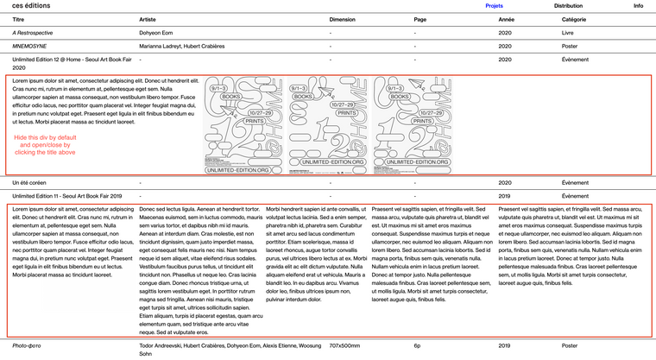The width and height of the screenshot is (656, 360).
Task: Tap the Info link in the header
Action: [638, 5]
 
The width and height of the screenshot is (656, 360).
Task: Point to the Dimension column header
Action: [343, 18]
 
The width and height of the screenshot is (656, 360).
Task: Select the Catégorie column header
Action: [575, 18]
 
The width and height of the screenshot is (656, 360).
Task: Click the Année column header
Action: [507, 18]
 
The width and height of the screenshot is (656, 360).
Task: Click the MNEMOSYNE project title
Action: [32, 47]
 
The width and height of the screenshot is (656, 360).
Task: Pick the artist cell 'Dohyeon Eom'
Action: [157, 33]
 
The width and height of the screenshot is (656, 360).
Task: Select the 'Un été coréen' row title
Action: [31, 183]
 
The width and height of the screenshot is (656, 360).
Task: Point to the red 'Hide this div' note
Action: [47, 144]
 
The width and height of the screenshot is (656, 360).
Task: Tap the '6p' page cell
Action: [417, 345]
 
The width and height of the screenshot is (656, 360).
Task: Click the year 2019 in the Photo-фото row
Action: [505, 345]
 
